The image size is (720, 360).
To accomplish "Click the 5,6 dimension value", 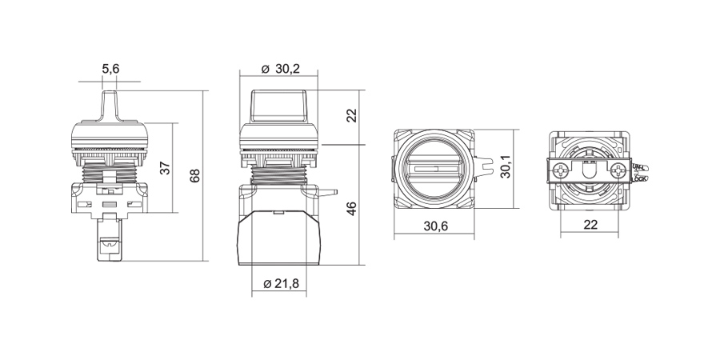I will click(110, 70).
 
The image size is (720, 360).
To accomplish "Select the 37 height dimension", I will click(165, 168).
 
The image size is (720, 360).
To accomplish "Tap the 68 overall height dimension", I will click(194, 176).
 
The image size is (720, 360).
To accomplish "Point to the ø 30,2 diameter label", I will click(280, 70).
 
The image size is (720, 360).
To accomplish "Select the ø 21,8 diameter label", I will click(280, 284).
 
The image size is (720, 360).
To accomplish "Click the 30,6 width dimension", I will click(434, 226).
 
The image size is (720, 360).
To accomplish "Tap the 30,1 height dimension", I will click(505, 168).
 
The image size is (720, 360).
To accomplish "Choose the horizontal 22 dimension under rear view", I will click(590, 226).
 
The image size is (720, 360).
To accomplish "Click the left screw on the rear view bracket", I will click(564, 170).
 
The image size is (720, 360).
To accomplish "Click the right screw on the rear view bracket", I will click(617, 170).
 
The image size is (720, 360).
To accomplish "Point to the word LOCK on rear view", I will click(639, 178).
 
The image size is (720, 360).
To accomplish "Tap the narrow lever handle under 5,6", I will click(110, 105).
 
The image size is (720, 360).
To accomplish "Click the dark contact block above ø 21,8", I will click(279, 236).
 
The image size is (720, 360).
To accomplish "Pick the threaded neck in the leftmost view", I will click(110, 170).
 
